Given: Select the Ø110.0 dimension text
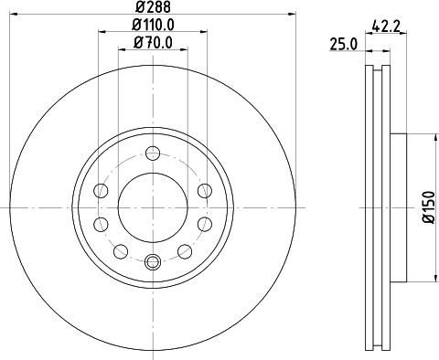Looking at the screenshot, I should click(x=152, y=25).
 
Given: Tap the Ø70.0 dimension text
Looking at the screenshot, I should click(x=152, y=42).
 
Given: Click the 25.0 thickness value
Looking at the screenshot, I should click(x=344, y=42).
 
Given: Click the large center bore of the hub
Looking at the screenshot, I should click(x=153, y=206).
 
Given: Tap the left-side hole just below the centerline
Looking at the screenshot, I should click(x=101, y=224).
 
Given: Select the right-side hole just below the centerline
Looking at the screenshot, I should click(x=205, y=224).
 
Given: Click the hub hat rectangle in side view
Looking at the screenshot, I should click(x=397, y=206).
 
